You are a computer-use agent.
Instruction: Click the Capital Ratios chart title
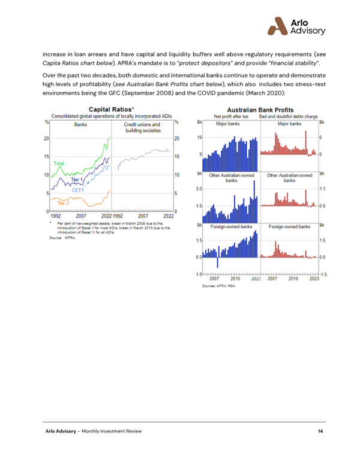110,109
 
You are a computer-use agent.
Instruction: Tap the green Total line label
59,163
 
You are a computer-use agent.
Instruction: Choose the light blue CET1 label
78,190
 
